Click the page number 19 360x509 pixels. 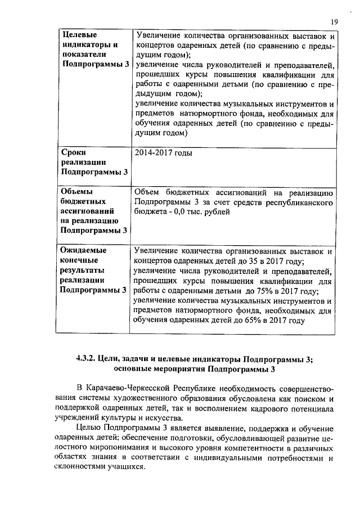point(334,21)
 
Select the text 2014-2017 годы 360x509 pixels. point(164,152)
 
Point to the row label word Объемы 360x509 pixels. point(76,191)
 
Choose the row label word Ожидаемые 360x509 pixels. point(83,250)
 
